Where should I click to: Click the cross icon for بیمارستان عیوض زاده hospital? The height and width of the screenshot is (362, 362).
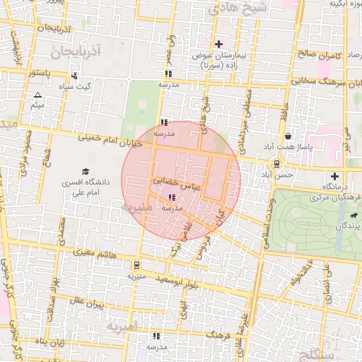click(219, 45)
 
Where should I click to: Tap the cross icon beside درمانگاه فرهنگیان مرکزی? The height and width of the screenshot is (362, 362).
click(334, 176)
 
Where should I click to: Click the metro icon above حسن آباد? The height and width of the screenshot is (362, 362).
click(276, 164)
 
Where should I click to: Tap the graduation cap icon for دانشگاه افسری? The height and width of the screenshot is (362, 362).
click(86, 172)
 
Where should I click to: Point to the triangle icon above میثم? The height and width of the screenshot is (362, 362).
click(37, 95)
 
